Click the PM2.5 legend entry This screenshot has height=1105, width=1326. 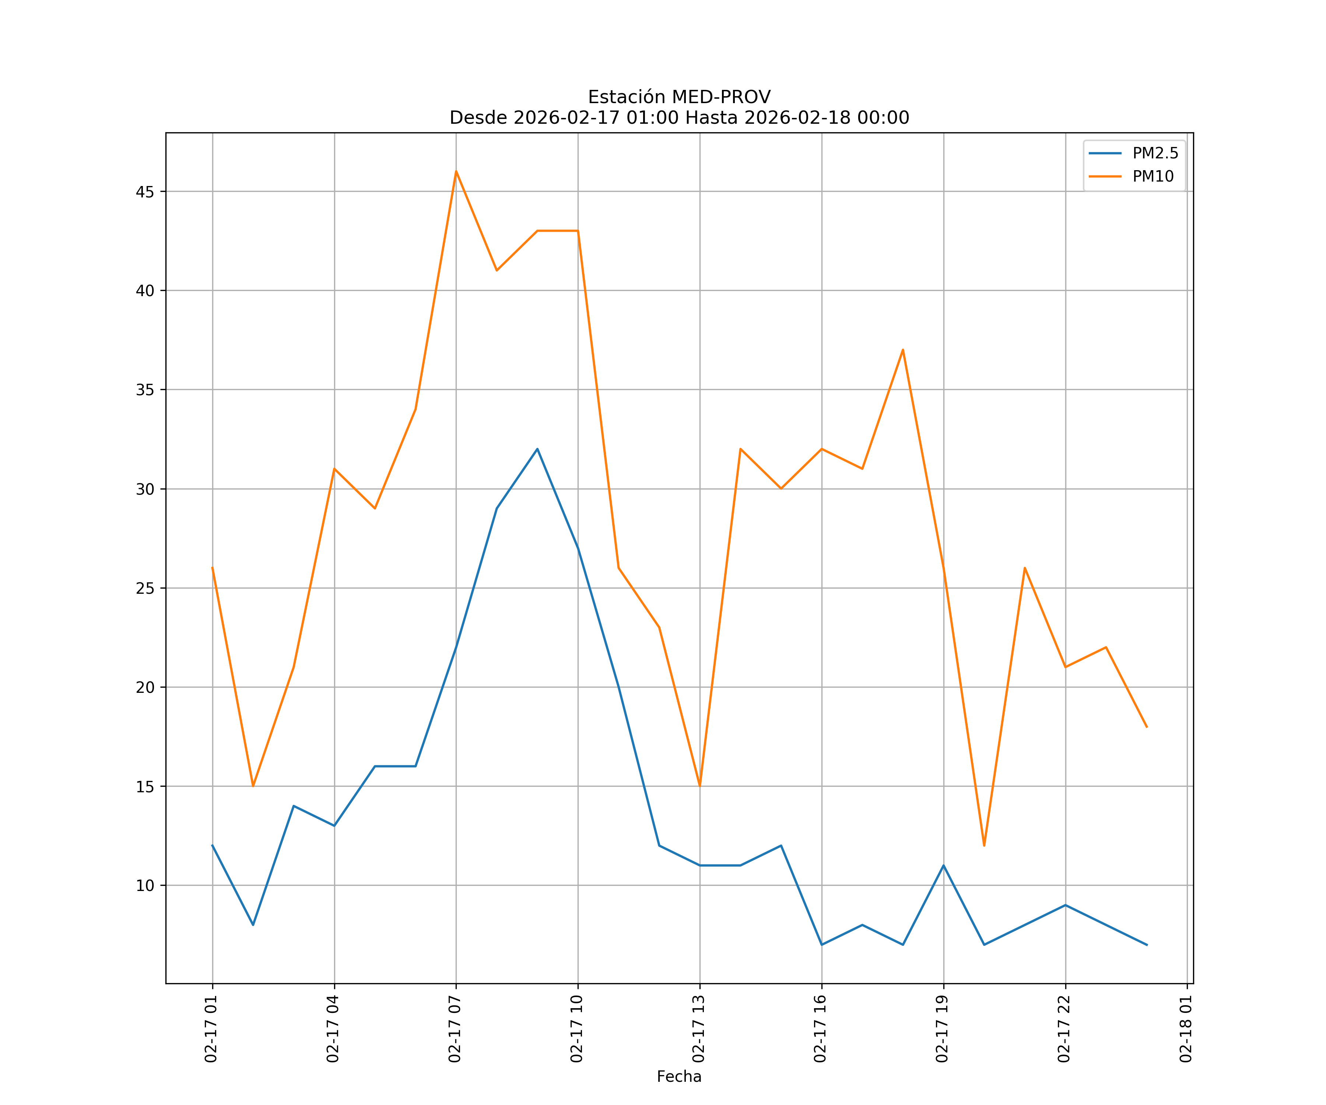[1155, 154]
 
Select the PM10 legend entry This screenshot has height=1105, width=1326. [1153, 177]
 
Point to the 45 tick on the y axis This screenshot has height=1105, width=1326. [145, 192]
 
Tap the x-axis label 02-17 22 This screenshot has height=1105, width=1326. [1064, 1029]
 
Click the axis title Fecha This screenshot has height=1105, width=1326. [679, 1077]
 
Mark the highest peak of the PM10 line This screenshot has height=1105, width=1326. [456, 171]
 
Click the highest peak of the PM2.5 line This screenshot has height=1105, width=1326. [537, 449]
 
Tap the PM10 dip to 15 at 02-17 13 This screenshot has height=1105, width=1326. [699, 786]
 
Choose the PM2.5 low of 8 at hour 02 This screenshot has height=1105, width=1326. [253, 925]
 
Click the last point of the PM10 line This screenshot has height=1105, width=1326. [1147, 727]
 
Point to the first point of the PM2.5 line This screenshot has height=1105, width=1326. [212, 845]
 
